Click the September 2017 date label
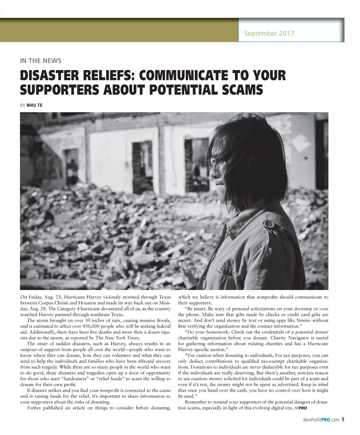click(x=269, y=33)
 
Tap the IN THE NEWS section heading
click(x=40, y=61)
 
